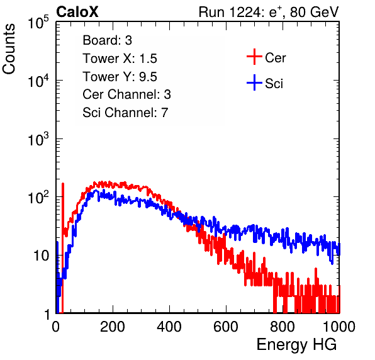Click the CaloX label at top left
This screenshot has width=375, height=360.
click(x=77, y=12)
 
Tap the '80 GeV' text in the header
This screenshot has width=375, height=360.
click(x=314, y=12)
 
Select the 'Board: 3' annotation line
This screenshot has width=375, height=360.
click(x=107, y=40)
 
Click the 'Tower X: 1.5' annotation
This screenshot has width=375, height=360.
click(x=120, y=59)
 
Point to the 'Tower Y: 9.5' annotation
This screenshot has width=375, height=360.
click(x=120, y=77)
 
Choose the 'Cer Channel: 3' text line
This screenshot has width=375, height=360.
click(x=126, y=94)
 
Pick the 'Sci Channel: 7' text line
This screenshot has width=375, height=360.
click(x=125, y=113)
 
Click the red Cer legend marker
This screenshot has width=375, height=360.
click(x=254, y=57)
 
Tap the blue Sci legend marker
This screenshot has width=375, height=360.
click(x=254, y=83)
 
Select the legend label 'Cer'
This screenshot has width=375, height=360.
click(x=275, y=58)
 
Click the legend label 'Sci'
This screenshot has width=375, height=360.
click(x=274, y=84)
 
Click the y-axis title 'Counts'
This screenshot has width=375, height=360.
click(x=9, y=49)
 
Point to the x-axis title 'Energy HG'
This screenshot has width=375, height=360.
click(x=296, y=345)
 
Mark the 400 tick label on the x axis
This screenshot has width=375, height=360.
click(x=169, y=327)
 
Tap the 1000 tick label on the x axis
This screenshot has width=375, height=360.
click(x=339, y=327)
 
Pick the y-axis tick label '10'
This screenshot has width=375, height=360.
click(x=41, y=256)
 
